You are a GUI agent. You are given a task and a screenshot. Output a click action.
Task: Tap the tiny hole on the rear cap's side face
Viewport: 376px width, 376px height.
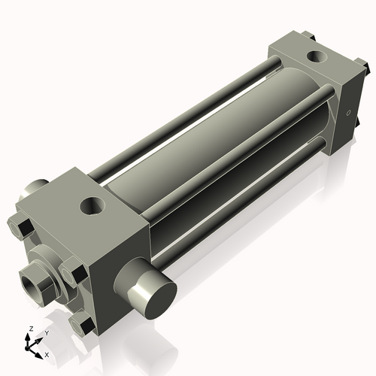pyautogui.click(x=348, y=114)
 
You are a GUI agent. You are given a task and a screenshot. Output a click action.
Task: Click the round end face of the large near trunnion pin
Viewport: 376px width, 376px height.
pyautogui.click(x=156, y=293)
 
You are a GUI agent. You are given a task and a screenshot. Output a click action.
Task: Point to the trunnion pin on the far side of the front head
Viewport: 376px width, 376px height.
pyautogui.click(x=34, y=189)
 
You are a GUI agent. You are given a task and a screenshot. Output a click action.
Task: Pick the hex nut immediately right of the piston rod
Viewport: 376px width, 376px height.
pyautogui.click(x=73, y=271)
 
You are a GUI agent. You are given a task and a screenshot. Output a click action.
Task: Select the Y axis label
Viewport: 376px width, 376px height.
pyautogui.click(x=47, y=332)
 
